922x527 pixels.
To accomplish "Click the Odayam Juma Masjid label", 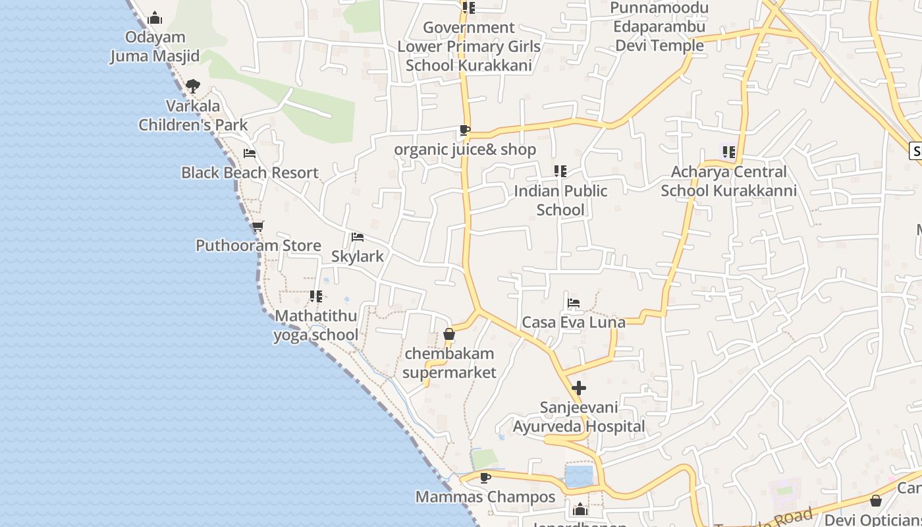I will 155,47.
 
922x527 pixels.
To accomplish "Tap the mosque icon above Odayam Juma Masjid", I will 155,18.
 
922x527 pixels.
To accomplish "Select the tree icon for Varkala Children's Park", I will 192,86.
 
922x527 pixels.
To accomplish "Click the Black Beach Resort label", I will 250,173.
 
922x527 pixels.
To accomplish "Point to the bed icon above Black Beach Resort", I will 250,153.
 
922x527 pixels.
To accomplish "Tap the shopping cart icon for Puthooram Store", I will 258,227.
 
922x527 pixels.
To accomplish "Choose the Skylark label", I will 357,256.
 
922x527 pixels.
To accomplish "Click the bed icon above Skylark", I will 358,237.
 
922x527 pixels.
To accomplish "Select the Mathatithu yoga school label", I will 316,325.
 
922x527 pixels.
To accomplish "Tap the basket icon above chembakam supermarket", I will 449,335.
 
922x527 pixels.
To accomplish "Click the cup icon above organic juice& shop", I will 465,130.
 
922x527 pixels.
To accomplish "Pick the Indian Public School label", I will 560,200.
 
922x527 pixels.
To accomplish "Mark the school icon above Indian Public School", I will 560,171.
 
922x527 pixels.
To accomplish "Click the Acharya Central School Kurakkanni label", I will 728,181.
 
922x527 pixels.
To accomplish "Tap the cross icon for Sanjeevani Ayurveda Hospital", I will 579,388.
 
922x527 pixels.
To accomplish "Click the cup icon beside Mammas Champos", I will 485,478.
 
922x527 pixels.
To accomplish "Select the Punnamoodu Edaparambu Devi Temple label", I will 659,27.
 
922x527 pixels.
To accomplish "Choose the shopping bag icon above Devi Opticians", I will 876,501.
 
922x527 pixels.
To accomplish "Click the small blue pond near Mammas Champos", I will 579,476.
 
